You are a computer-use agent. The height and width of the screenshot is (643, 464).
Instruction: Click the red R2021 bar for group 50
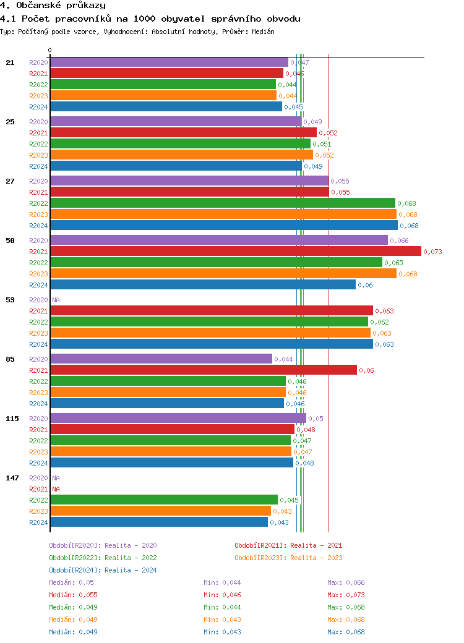(x=235, y=252)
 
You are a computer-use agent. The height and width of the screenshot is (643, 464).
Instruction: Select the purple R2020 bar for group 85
(x=161, y=359)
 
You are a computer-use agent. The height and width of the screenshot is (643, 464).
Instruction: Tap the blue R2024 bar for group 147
(x=159, y=522)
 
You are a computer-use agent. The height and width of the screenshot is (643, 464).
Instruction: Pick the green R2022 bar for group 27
(x=223, y=203)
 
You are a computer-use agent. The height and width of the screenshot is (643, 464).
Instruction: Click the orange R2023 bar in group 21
(x=163, y=96)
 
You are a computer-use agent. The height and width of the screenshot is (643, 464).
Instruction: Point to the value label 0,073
(x=432, y=252)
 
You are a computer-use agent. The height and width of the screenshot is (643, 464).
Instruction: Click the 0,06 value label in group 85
(x=367, y=370)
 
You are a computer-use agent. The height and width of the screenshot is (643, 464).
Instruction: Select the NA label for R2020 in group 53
(x=56, y=300)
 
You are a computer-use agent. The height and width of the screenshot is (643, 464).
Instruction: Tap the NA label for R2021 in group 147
(x=56, y=489)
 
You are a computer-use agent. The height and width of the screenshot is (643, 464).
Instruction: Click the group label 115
(x=12, y=419)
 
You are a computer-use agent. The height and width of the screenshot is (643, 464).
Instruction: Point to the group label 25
(x=10, y=122)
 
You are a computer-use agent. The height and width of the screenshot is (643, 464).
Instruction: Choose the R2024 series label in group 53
(x=38, y=344)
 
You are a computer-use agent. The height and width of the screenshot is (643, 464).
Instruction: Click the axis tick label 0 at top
(x=50, y=51)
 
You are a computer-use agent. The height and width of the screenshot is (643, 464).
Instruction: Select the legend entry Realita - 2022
(x=103, y=558)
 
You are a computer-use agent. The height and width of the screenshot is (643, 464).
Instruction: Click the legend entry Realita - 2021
(x=288, y=545)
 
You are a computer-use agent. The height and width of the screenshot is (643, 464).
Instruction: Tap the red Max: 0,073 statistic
(x=346, y=595)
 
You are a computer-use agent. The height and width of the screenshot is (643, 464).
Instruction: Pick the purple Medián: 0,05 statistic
(x=71, y=582)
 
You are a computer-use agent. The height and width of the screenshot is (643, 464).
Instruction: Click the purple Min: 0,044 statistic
(x=222, y=582)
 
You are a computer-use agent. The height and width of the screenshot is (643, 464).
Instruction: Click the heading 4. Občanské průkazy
(x=53, y=6)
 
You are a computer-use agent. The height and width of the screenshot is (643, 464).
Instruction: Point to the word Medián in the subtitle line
(x=264, y=32)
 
